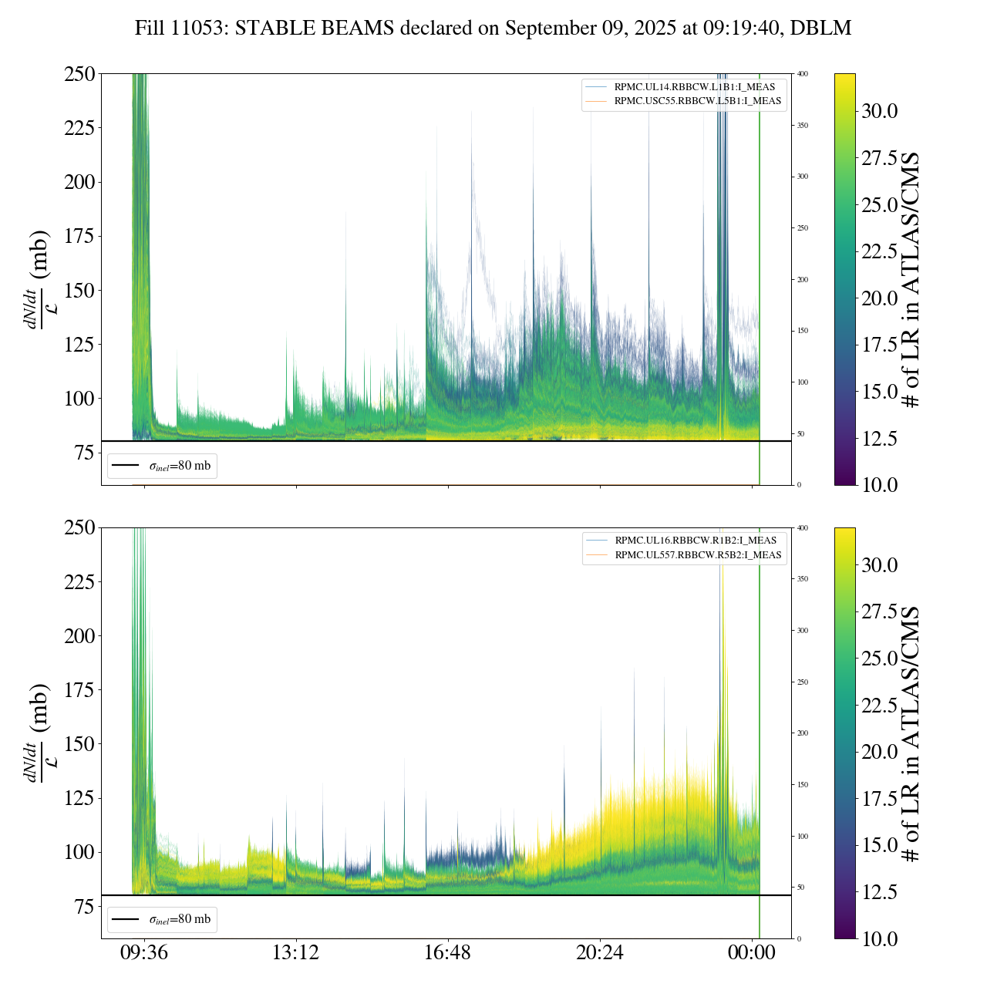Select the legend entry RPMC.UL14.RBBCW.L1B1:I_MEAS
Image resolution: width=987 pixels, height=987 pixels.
[x=694, y=87]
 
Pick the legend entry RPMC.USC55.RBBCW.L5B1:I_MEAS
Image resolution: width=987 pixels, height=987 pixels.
[x=697, y=101]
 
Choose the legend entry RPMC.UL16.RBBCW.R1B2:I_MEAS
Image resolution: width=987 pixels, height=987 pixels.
[x=695, y=541]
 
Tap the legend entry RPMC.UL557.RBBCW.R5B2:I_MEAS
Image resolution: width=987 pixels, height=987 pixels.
[x=698, y=555]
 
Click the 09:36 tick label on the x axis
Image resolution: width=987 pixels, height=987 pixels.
[x=143, y=953]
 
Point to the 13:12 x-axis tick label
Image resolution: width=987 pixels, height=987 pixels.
[x=295, y=953]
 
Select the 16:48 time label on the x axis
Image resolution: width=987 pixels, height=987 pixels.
[x=447, y=953]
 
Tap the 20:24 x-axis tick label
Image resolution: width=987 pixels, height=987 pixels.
[x=600, y=953]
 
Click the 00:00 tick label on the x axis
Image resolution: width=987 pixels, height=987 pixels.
[x=752, y=953]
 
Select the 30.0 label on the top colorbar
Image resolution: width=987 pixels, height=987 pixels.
[x=879, y=111]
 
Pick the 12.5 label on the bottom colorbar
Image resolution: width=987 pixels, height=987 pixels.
[x=879, y=892]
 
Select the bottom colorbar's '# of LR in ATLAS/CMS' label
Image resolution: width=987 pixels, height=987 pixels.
[x=911, y=733]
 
